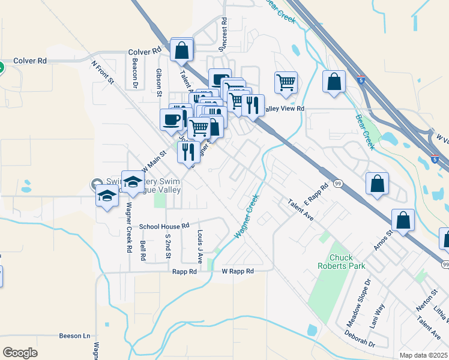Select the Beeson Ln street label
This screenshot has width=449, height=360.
74,336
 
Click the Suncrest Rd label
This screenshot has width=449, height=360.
223,33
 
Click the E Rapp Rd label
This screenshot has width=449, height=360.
318,193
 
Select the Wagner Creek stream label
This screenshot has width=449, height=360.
247,215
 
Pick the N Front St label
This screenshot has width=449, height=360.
103,71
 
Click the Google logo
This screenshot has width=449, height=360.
20,352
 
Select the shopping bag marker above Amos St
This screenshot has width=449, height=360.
403,221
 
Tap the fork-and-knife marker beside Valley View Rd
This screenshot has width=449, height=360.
253,105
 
